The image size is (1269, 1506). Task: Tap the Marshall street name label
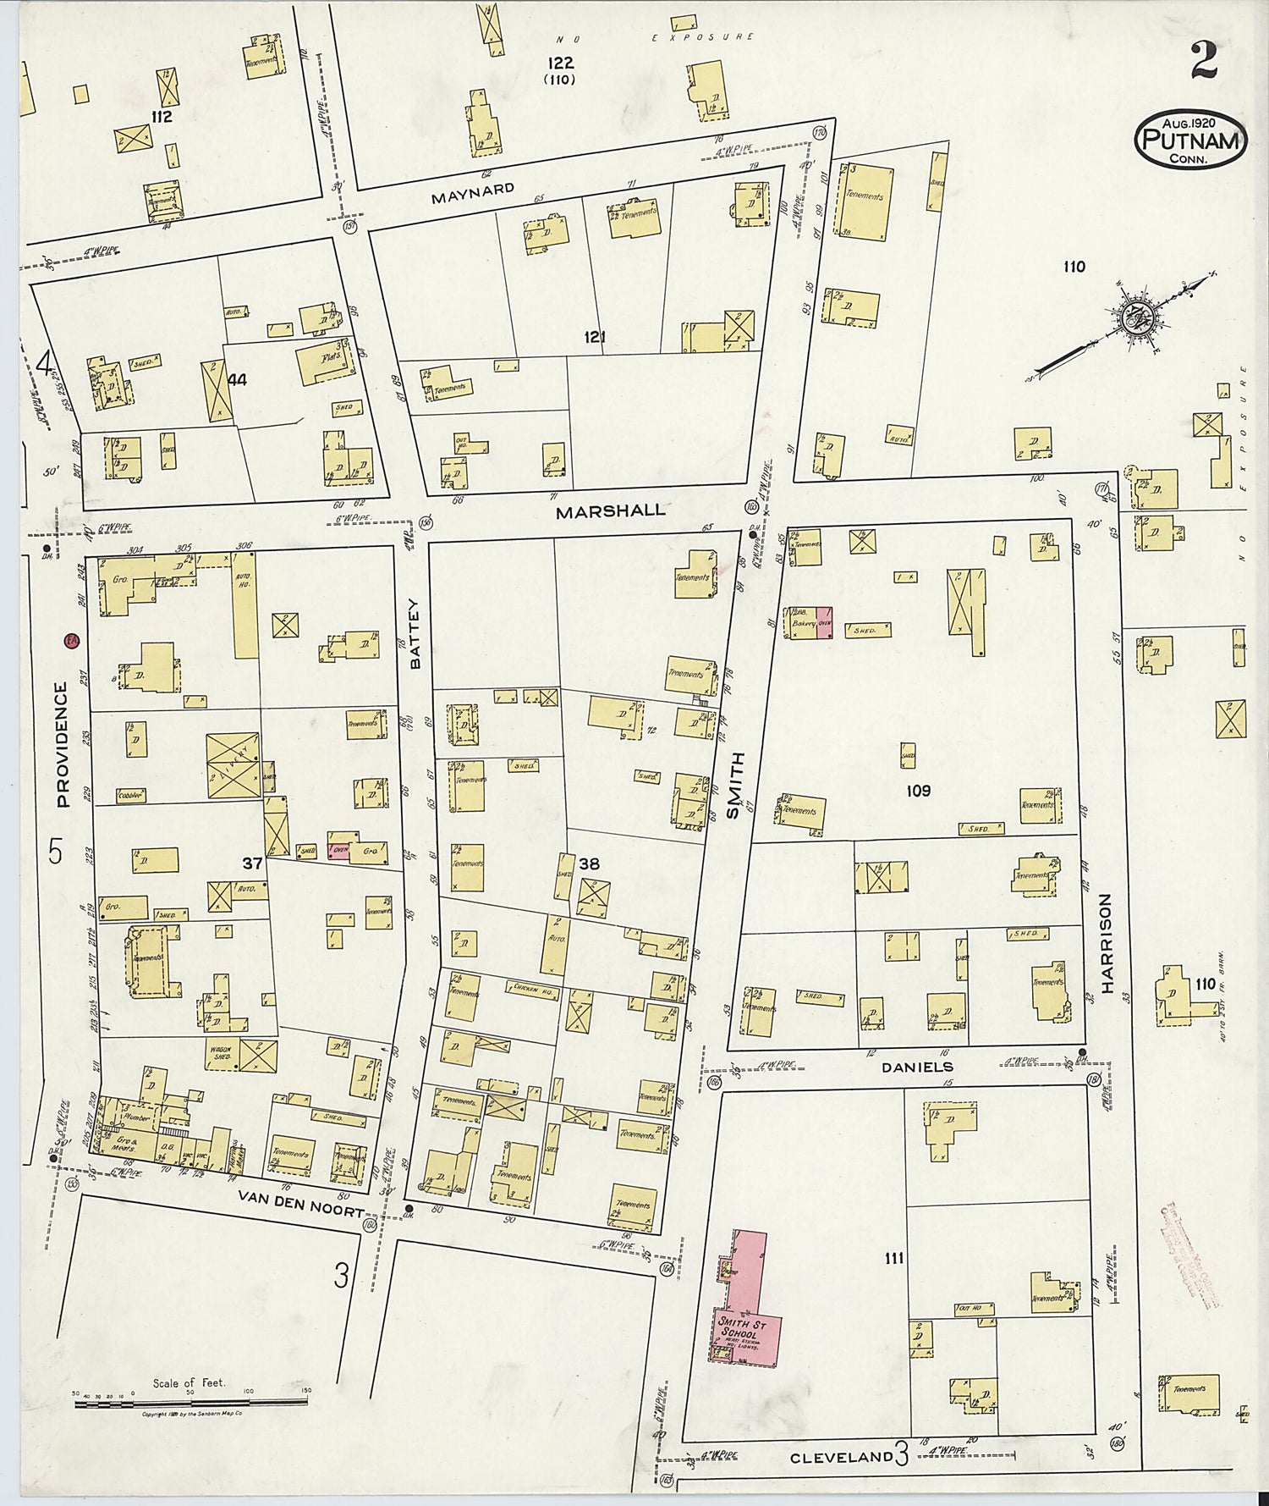click(x=611, y=511)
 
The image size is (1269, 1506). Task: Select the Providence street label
click(x=62, y=745)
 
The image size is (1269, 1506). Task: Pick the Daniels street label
click(x=917, y=1067)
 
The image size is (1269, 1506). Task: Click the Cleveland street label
click(x=841, y=1457)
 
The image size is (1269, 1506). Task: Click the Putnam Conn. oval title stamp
click(x=1190, y=140)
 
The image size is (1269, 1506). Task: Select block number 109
click(x=918, y=791)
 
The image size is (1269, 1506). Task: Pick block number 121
click(x=595, y=337)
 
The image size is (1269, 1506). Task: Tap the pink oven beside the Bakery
click(x=824, y=622)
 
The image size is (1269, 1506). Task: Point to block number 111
click(x=893, y=1259)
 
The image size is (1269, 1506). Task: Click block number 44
click(x=237, y=380)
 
